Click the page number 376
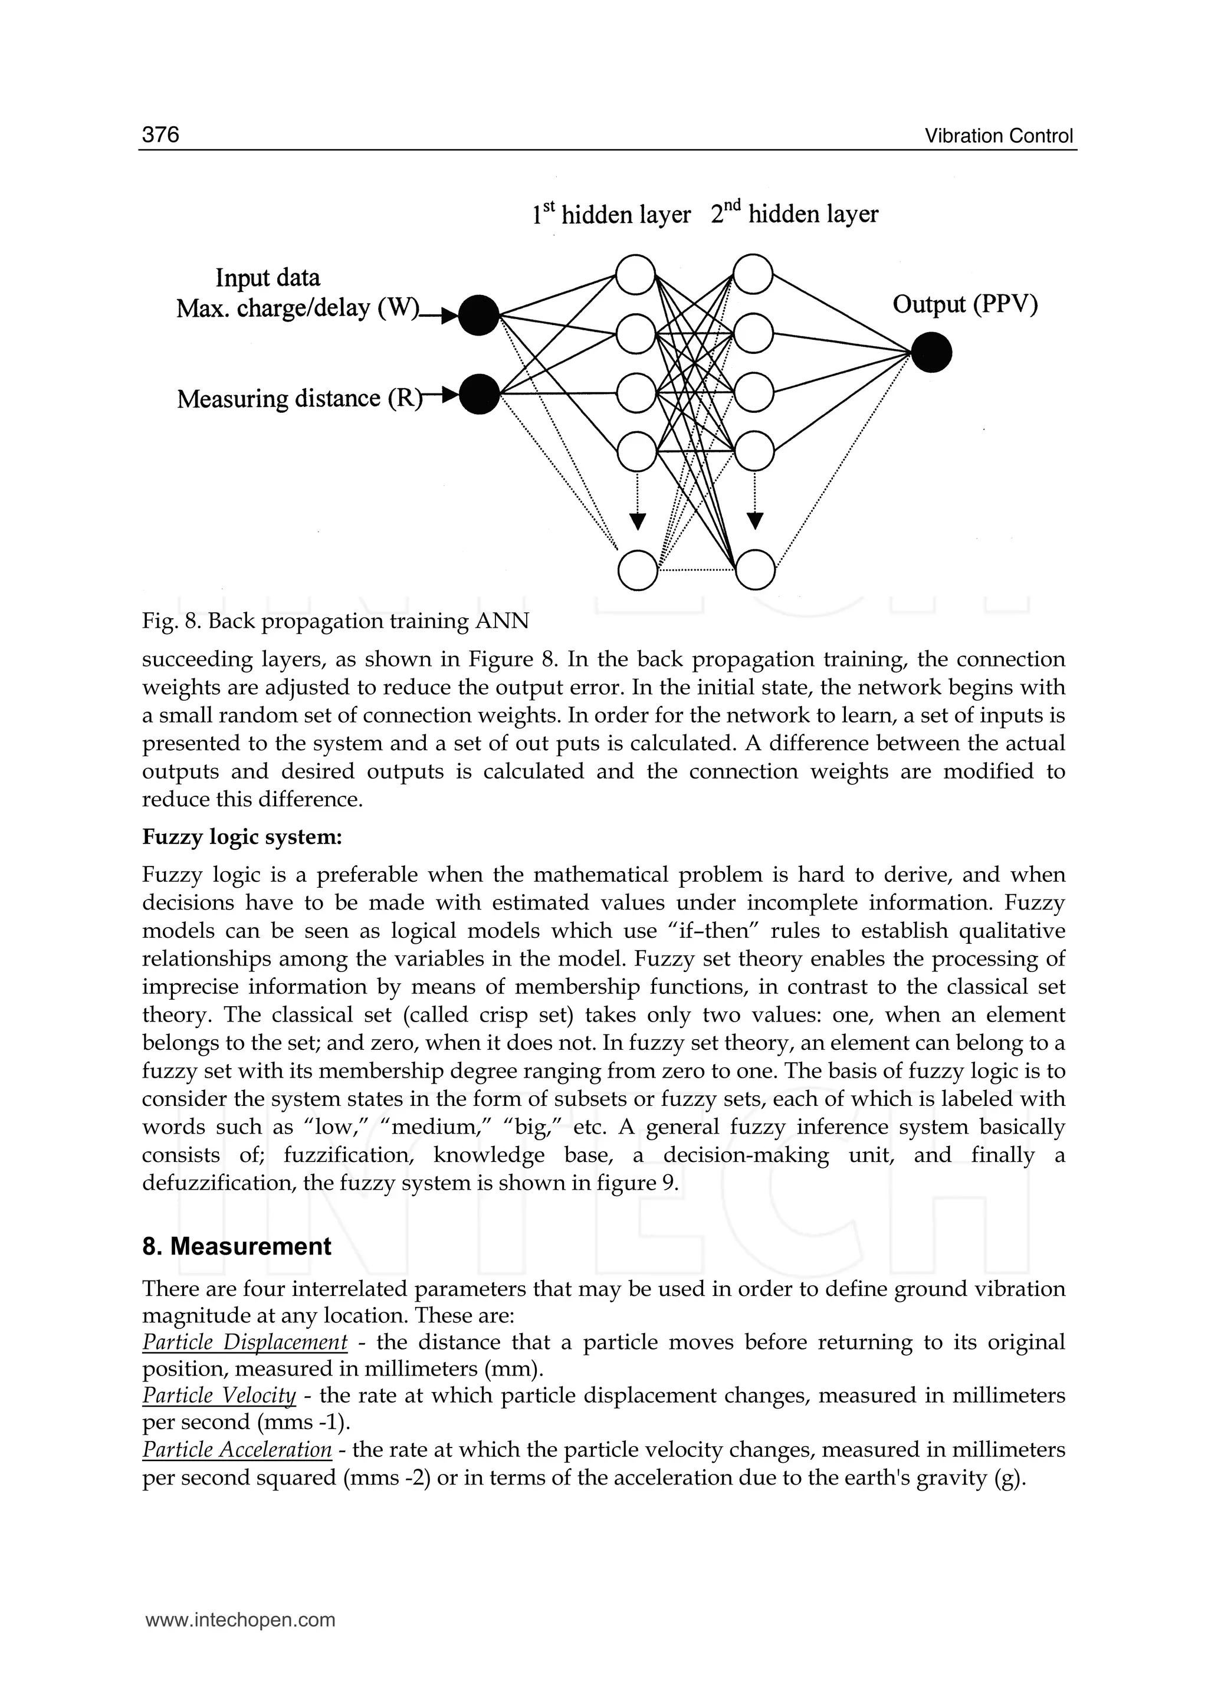point(160,134)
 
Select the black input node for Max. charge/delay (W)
point(478,316)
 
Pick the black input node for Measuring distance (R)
point(479,394)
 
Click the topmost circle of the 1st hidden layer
point(636,274)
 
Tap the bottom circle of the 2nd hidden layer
point(755,570)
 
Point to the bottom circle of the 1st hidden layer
point(638,571)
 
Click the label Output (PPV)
point(965,304)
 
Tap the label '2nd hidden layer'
point(795,214)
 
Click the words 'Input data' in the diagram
point(268,277)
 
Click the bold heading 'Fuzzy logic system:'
point(242,837)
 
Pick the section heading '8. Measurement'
point(237,1246)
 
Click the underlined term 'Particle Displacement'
point(245,1342)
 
